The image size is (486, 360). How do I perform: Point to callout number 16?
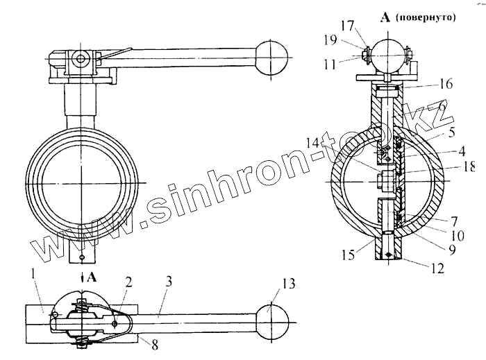[x=445, y=84]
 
